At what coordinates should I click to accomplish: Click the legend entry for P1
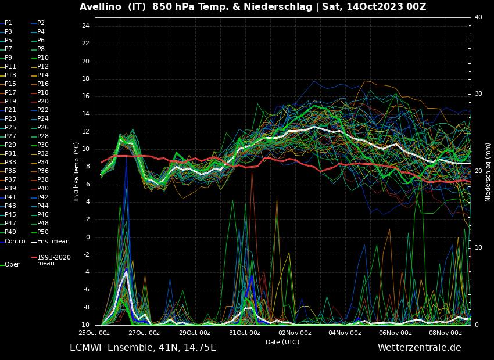click(x=8, y=23)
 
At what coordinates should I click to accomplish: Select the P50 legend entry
click(x=43, y=232)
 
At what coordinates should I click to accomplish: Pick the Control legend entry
click(x=16, y=241)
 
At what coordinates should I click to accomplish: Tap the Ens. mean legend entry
click(x=53, y=241)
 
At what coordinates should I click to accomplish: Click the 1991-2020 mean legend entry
click(x=54, y=260)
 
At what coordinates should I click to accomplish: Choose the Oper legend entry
click(x=12, y=265)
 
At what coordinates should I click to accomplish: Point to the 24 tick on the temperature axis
click(x=85, y=26)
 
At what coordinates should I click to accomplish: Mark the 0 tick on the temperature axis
click(x=87, y=237)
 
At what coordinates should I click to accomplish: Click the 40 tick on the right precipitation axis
click(x=478, y=17)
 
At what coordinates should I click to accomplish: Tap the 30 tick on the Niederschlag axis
click(x=478, y=94)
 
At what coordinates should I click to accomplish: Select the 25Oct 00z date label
click(x=94, y=333)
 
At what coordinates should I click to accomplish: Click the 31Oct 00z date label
click(x=245, y=333)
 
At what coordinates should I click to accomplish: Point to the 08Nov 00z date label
click(x=446, y=333)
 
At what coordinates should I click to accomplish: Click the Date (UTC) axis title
click(x=282, y=343)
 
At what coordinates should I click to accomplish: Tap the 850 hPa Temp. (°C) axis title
click(x=77, y=171)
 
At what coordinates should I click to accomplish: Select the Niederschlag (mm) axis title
click(x=488, y=172)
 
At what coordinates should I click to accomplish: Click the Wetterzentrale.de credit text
click(x=419, y=348)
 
